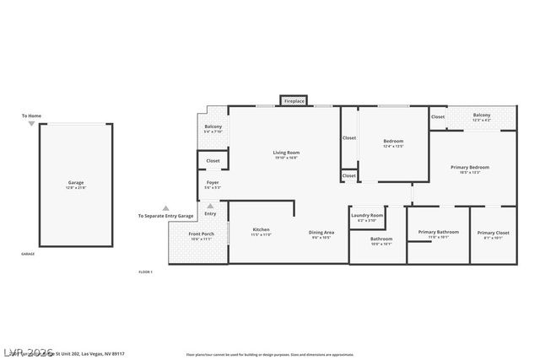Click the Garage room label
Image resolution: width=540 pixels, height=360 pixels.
[x=76, y=182]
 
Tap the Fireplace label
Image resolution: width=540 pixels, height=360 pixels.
[x=294, y=101]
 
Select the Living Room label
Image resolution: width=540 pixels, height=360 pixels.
[x=287, y=153]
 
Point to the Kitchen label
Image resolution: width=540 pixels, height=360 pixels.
[x=261, y=229]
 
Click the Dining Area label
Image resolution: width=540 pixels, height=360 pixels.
[x=321, y=232]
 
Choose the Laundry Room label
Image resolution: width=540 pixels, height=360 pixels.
[x=367, y=215]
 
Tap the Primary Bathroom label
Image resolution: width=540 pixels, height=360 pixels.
[x=438, y=232]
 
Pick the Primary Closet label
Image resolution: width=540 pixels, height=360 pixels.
[x=493, y=233]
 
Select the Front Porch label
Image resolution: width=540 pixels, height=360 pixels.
[x=200, y=234]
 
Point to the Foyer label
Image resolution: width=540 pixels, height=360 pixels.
[x=213, y=182]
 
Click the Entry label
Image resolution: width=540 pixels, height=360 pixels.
[x=210, y=213]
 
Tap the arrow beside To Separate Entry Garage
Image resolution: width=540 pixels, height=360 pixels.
[x=165, y=207]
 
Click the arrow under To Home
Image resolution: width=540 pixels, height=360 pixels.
[x=31, y=124]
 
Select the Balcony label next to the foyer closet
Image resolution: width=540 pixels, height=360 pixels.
[x=213, y=126]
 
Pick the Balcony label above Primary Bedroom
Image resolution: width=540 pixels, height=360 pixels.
[x=482, y=115]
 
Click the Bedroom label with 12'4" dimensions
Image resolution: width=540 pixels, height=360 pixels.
[x=393, y=141]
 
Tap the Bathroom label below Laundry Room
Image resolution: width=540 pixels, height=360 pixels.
[x=381, y=239]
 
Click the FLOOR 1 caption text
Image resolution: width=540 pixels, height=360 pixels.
[x=145, y=271]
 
